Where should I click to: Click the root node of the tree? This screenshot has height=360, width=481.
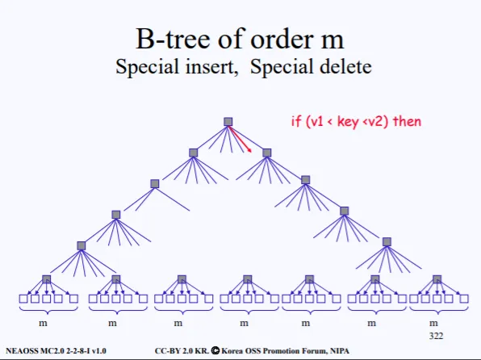click(x=228, y=122)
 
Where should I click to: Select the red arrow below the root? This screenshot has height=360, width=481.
click(x=240, y=139)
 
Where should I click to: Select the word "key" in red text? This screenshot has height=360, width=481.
click(x=348, y=122)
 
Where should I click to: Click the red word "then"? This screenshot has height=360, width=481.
click(x=407, y=121)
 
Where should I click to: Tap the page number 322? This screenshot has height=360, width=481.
click(x=436, y=336)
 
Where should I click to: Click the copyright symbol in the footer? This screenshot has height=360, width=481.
click(x=215, y=350)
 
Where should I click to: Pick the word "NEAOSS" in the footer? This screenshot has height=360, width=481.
click(x=22, y=351)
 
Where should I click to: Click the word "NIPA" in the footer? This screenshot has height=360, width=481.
click(x=340, y=350)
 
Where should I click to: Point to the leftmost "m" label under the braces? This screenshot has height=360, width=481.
click(x=43, y=323)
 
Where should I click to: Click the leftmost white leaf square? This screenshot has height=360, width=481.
click(x=23, y=299)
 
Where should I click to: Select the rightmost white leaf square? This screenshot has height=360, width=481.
click(x=464, y=299)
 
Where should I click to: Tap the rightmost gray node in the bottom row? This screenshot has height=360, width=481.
click(x=437, y=279)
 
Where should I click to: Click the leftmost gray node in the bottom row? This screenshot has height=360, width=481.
click(x=46, y=279)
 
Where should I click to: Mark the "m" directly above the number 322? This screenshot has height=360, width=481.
click(x=433, y=323)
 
